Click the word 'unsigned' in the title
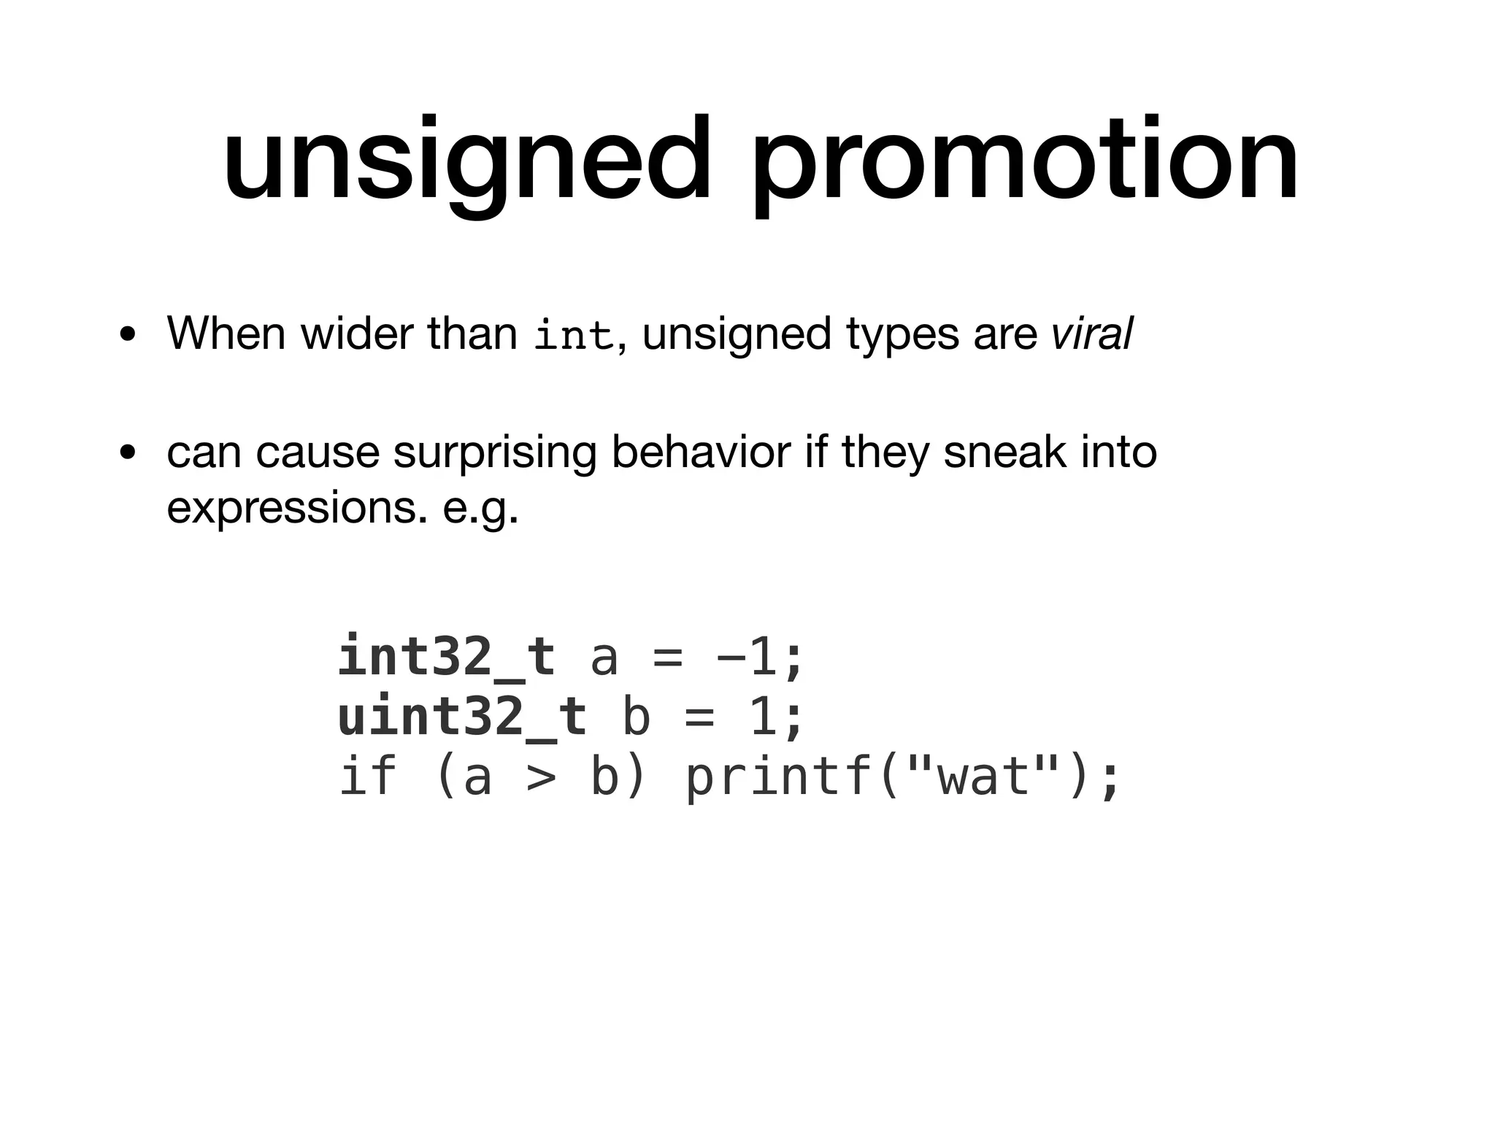coord(467,161)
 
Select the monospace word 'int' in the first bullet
coord(573,336)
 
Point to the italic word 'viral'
coord(1092,334)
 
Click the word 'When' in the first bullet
coord(226,334)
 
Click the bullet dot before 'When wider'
coord(128,336)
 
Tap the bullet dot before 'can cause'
coord(128,454)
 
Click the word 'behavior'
coord(701,452)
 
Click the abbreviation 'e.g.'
coord(480,509)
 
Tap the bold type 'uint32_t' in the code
coord(462,716)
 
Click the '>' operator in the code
coord(541,777)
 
